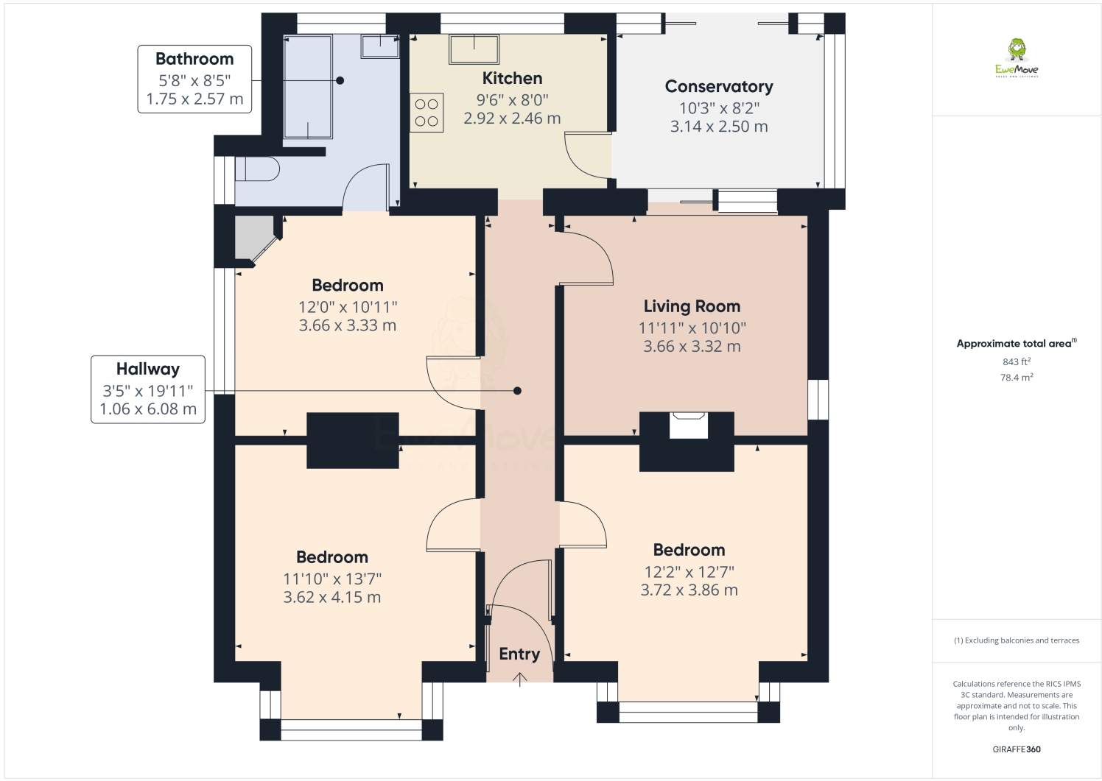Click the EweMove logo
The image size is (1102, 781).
1017,57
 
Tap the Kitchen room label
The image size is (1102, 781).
512,78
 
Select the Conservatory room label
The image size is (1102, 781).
719,86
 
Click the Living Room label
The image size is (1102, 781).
692,306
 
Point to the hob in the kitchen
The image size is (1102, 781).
427,113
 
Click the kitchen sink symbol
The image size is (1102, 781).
474,49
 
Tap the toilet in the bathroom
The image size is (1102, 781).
257,169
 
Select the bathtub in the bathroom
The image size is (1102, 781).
308,86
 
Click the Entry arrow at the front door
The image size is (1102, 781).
520,679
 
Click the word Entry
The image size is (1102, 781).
519,654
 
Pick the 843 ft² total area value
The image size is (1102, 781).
1017,361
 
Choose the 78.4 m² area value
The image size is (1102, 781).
1017,378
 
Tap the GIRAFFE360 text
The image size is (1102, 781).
1017,749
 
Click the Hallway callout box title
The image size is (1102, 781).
148,369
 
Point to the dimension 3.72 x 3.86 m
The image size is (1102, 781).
689,590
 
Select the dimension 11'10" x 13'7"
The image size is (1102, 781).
332,579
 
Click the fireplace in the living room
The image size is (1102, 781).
688,425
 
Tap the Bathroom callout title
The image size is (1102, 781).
194,59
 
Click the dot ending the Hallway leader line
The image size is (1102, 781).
517,391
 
